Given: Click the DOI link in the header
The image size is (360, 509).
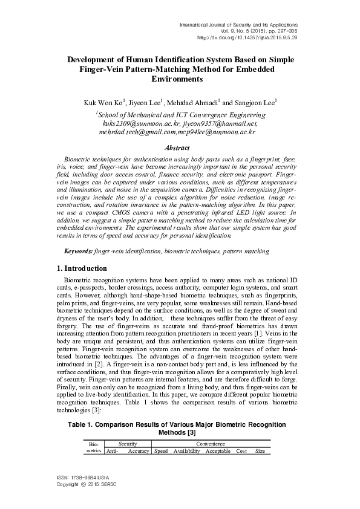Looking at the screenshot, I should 238,37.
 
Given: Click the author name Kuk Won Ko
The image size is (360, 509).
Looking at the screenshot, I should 103,103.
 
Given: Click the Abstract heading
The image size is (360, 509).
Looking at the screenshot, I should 179,148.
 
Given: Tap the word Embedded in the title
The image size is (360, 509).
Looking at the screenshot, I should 258,70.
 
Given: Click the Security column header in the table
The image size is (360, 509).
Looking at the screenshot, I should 127,443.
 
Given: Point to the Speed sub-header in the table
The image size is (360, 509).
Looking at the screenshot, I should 161,451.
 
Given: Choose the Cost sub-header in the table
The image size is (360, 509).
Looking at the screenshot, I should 241,451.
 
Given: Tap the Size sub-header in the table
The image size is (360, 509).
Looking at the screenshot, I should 260,451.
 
